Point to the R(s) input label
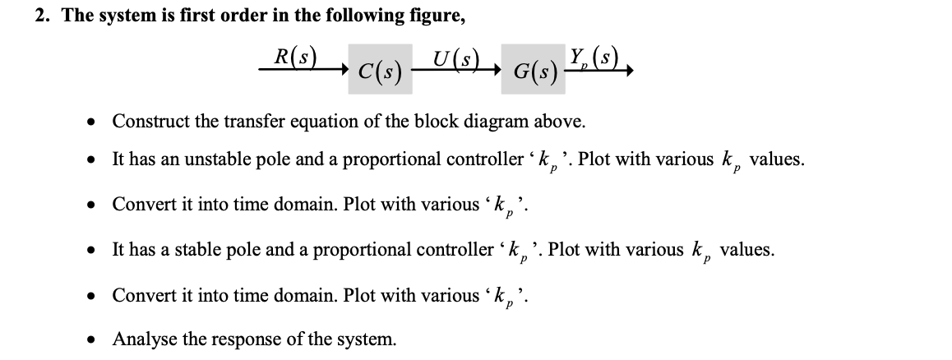click(295, 58)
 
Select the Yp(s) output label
click(592, 59)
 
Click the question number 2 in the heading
click(41, 16)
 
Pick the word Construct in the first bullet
click(148, 122)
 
